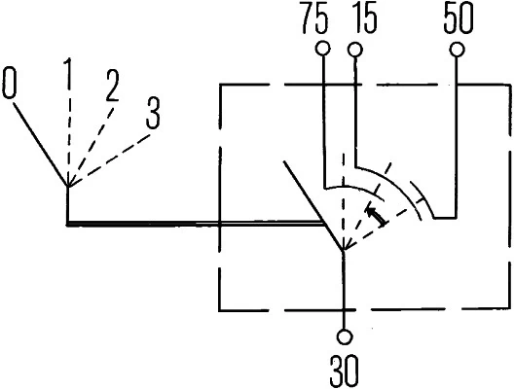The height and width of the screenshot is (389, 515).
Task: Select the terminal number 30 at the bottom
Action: point(345,370)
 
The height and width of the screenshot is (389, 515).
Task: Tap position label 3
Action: point(152,111)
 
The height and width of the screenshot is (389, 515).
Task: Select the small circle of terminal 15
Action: point(356,49)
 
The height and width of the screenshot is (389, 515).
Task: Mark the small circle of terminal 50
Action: point(455,49)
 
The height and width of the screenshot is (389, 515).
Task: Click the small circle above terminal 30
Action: point(345,337)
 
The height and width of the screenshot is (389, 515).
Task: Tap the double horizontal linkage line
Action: point(195,224)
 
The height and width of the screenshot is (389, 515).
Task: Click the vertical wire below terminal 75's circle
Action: point(321,117)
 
